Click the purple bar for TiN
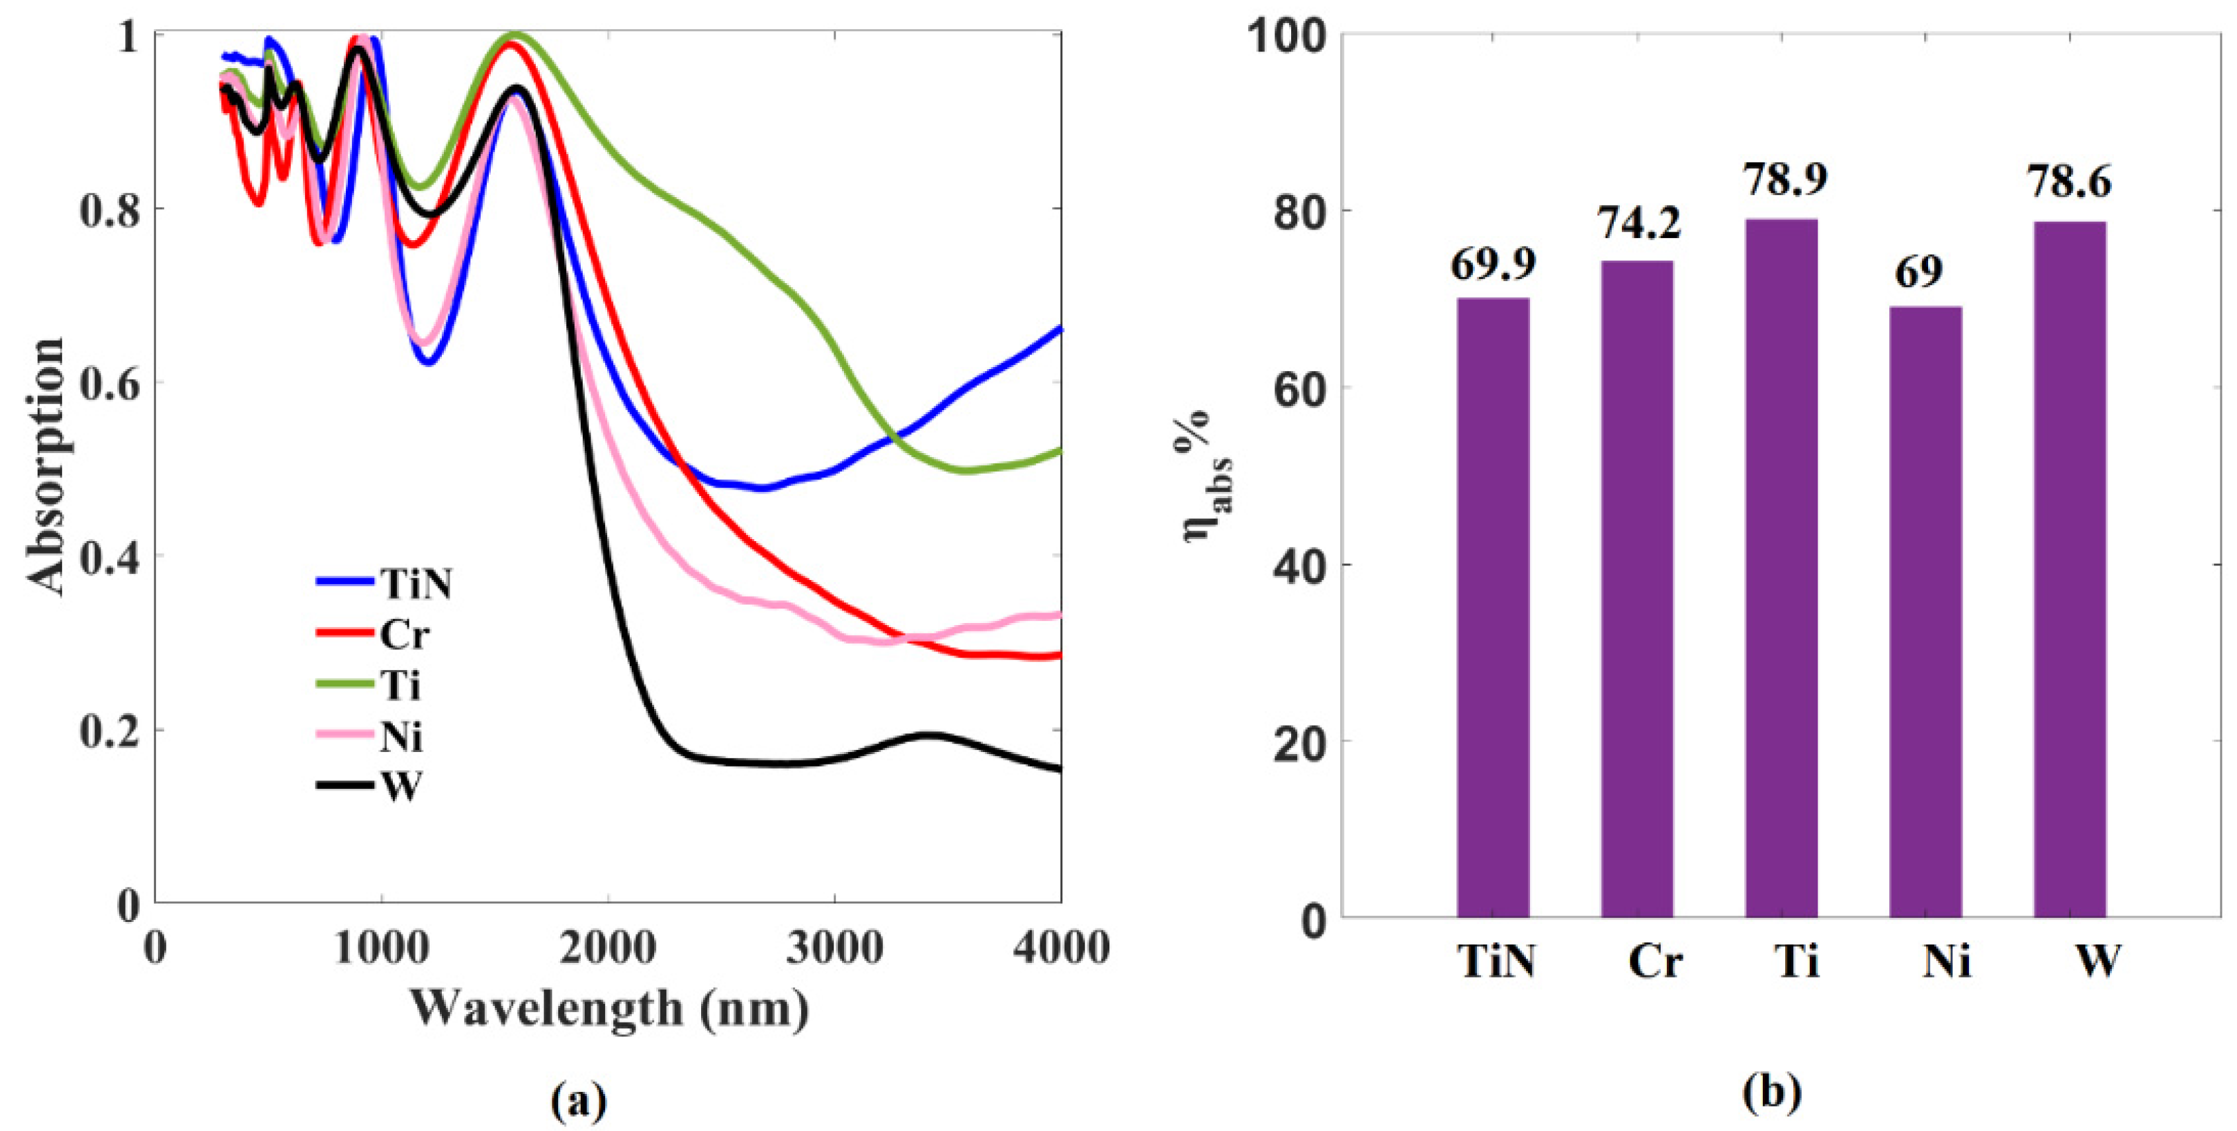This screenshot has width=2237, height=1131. [1493, 607]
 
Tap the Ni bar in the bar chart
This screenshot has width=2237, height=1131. [1925, 612]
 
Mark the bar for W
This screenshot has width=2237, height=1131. [2070, 569]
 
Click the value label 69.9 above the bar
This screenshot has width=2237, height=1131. [1493, 264]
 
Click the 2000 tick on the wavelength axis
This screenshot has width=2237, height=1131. [607, 947]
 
